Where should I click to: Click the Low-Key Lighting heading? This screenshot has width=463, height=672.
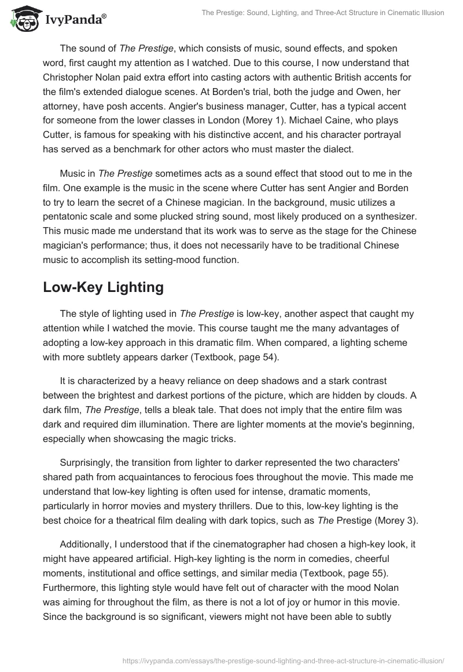coord(103,287)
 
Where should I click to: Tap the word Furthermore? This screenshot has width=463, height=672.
coord(72,587)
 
